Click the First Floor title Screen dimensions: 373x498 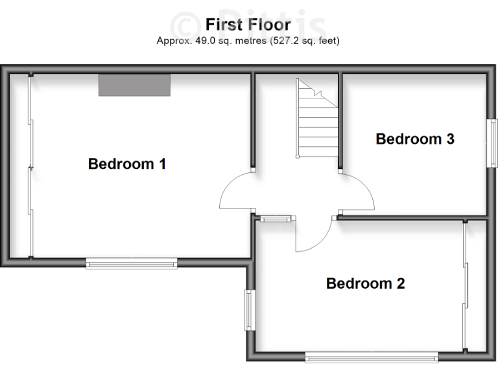pos(248,25)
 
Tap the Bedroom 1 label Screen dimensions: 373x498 pos(127,164)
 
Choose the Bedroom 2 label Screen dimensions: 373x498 pos(365,283)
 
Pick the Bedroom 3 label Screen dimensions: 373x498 pos(415,139)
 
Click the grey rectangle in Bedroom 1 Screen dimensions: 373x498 pos(134,85)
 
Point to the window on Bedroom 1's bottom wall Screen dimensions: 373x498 pos(132,262)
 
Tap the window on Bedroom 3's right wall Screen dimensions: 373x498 pos(493,143)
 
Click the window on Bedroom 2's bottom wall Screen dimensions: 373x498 pos(372,356)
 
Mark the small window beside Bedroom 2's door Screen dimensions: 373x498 pos(274,219)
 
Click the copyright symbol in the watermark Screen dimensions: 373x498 pos(186,25)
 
